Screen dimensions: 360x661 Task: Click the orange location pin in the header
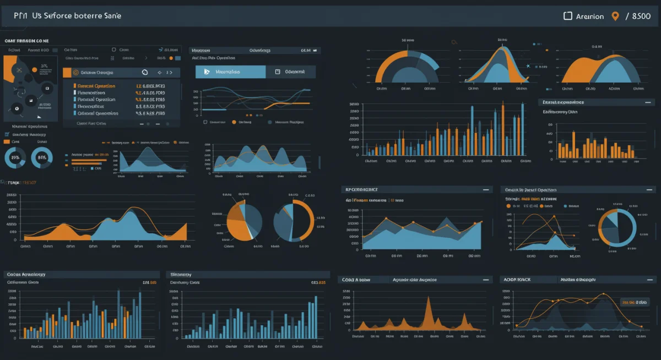tap(615, 16)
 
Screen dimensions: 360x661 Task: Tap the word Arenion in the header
tap(589, 17)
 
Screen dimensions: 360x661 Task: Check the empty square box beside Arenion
tap(568, 16)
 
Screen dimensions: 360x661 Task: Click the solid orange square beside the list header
tap(67, 72)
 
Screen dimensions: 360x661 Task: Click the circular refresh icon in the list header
tap(145, 72)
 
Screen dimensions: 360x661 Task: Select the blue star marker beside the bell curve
tap(528, 66)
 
